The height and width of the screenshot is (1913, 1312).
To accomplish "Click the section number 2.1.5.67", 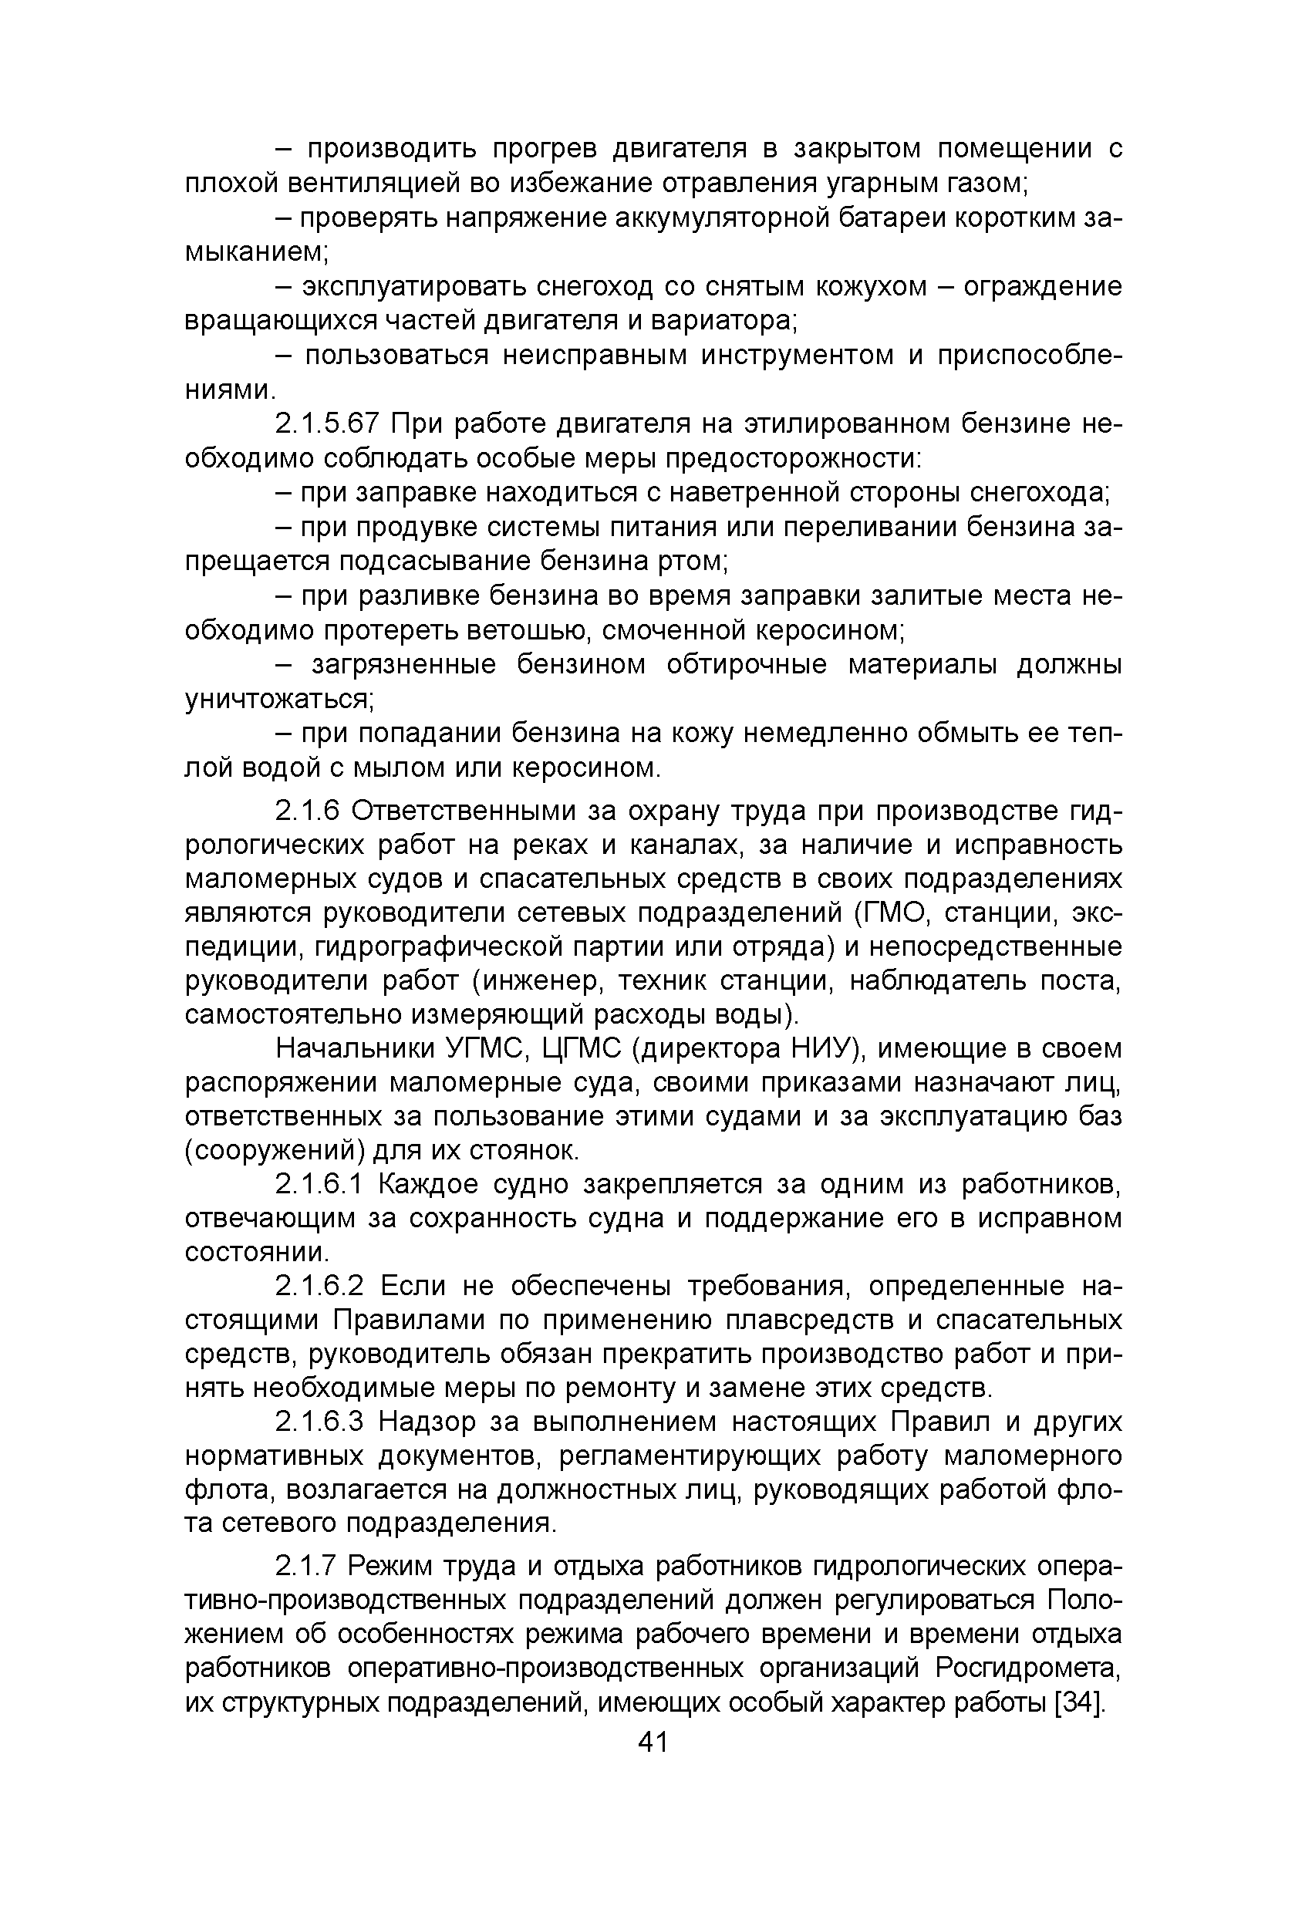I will (x=327, y=424).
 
